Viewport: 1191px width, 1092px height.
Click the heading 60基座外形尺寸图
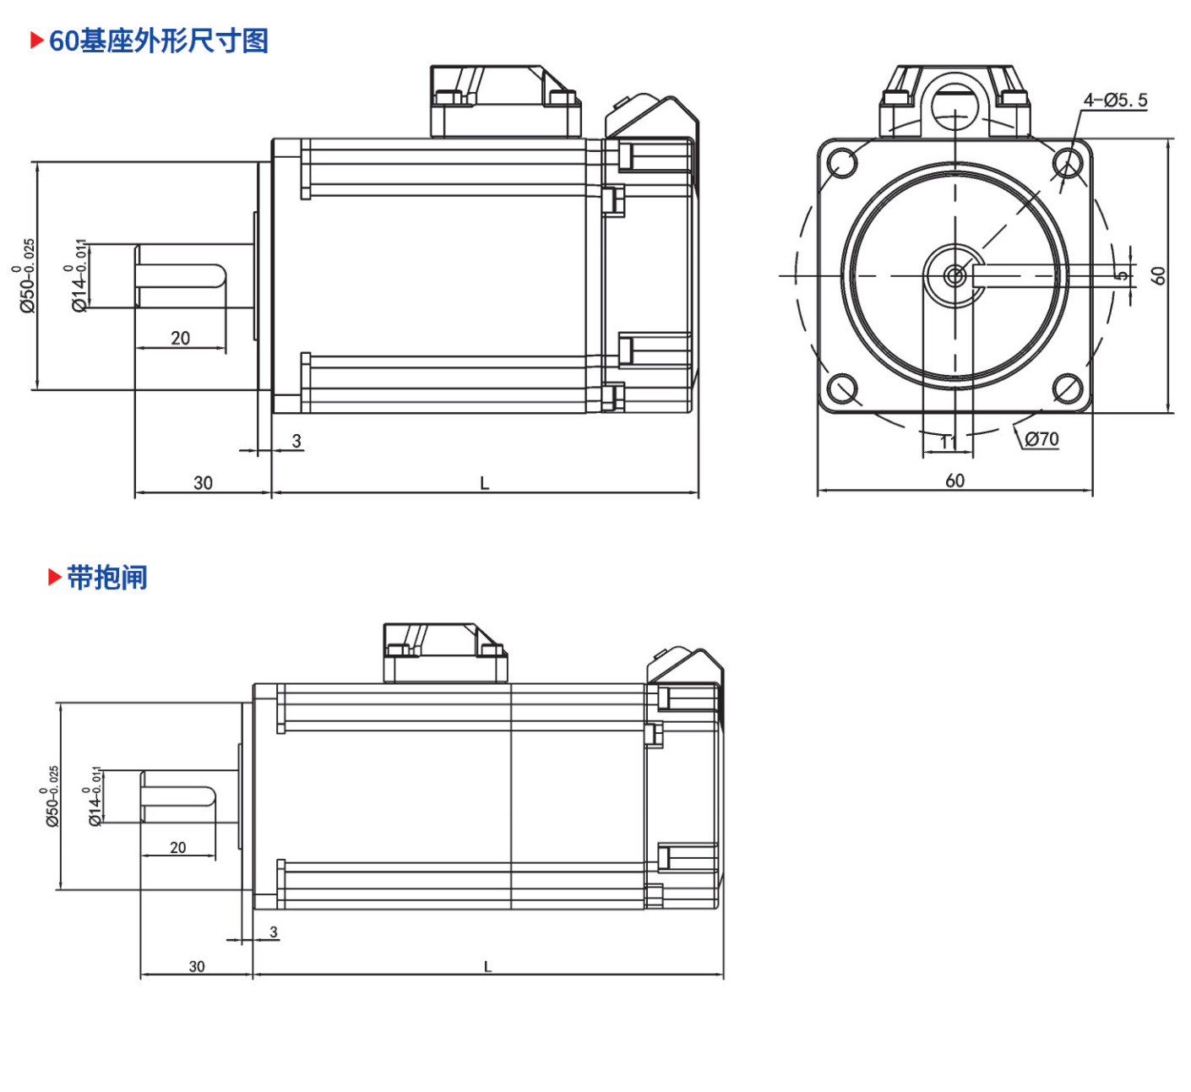click(x=159, y=41)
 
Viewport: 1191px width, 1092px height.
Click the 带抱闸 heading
click(x=107, y=577)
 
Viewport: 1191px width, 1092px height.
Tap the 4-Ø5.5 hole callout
click(x=1116, y=101)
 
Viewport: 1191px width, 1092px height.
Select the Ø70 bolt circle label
click(x=1042, y=439)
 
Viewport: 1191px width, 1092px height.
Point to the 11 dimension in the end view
click(x=949, y=443)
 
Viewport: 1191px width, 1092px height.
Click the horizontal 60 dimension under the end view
click(x=954, y=481)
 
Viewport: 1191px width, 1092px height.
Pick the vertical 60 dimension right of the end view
click(x=1158, y=275)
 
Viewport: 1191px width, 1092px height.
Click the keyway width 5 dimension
click(x=1121, y=275)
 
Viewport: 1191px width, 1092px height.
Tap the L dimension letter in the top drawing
click(x=485, y=483)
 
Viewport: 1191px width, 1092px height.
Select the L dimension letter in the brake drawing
click(x=487, y=967)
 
